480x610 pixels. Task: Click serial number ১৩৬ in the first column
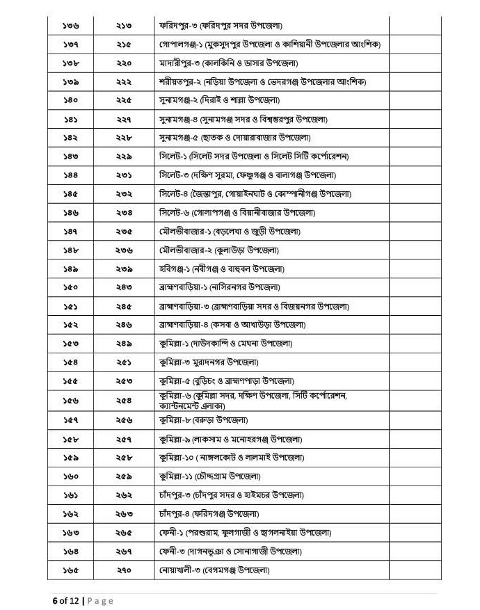70,26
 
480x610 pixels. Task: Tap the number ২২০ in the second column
124,63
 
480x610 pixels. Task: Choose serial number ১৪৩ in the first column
70,156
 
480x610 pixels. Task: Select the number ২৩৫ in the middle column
124,231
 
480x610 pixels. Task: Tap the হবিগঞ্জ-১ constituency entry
222,268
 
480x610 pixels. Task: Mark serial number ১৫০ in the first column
70,287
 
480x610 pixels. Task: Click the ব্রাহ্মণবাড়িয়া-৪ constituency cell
232,325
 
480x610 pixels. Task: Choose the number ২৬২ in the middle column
124,495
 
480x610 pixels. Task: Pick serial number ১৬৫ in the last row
70,570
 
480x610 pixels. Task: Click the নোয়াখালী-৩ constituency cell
214,570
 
